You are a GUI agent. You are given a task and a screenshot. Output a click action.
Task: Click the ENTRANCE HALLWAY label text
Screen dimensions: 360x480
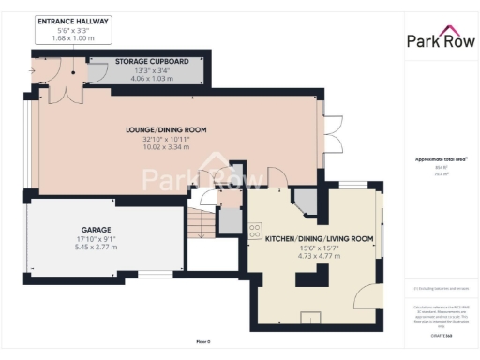72,21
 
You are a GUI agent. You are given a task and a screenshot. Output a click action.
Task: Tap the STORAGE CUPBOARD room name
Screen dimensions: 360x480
152,61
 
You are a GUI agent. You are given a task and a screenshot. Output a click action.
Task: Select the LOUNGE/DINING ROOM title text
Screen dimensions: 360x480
166,129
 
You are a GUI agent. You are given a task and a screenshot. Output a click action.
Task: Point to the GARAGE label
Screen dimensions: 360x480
96,230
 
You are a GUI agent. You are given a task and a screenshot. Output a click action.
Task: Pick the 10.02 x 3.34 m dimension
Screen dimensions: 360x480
166,147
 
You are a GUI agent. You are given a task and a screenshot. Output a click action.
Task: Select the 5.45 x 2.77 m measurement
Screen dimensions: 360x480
96,247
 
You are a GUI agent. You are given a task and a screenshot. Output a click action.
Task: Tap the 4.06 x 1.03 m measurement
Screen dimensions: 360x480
152,78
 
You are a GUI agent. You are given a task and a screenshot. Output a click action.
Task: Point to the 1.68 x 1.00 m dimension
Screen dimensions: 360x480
72,39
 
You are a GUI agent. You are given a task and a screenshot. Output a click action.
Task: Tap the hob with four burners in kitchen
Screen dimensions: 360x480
254,230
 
